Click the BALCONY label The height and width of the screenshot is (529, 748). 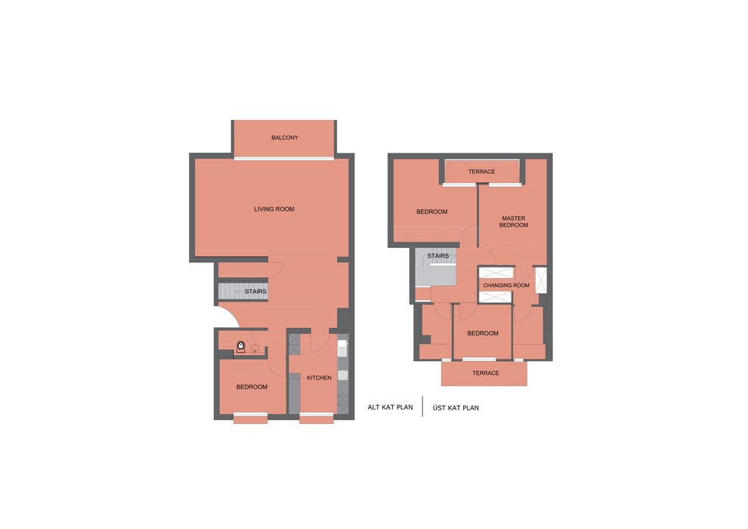[x=285, y=138]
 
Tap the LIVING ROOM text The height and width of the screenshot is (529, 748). [x=274, y=209]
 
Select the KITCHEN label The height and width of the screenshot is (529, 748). [x=319, y=378]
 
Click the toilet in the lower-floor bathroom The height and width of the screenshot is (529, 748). [x=241, y=347]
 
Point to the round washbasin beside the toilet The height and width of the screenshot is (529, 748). [x=255, y=348]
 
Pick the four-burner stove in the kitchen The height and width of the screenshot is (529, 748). [x=342, y=375]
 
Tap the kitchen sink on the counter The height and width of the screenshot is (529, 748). [x=342, y=348]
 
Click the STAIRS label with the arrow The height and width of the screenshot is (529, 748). [x=252, y=292]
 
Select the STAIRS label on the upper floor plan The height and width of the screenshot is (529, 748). [x=438, y=256]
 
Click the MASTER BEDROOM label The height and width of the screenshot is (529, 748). [x=514, y=222]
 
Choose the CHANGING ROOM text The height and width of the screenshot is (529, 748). [x=506, y=285]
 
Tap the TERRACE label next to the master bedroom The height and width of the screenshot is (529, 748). [x=482, y=172]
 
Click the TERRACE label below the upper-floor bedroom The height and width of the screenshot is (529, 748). [x=486, y=373]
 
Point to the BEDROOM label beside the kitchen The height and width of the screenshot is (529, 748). [x=252, y=387]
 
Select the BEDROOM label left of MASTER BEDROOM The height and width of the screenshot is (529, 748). [x=432, y=212]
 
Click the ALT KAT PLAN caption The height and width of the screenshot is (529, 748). [x=390, y=407]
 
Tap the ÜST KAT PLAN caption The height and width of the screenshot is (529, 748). [x=456, y=408]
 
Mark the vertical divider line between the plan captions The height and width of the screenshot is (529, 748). [x=422, y=407]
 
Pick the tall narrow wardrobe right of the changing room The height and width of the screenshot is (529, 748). [x=540, y=280]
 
